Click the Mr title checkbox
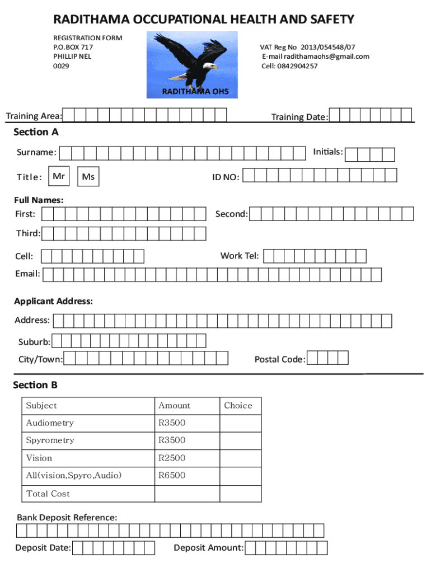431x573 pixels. [x=59, y=177]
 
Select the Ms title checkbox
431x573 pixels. [x=88, y=177]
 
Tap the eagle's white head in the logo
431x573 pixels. [x=210, y=66]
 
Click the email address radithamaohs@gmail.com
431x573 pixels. [x=315, y=57]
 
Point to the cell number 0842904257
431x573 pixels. [x=289, y=66]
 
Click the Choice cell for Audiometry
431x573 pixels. [x=240, y=423]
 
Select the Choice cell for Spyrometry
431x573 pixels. [x=240, y=440]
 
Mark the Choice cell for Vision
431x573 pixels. [x=240, y=458]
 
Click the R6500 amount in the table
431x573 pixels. [x=172, y=476]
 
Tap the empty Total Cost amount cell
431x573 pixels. [x=186, y=494]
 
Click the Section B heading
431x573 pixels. [x=35, y=385]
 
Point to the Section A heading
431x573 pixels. [x=36, y=132]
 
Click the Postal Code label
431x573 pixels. [x=280, y=359]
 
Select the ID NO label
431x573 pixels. [x=226, y=177]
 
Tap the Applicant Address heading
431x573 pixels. [x=53, y=301]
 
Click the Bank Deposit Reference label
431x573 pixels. [x=67, y=518]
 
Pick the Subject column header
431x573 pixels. [x=41, y=406]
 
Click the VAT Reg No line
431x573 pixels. [x=307, y=47]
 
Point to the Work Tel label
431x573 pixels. [x=240, y=256]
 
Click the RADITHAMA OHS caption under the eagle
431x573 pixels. [x=195, y=91]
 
